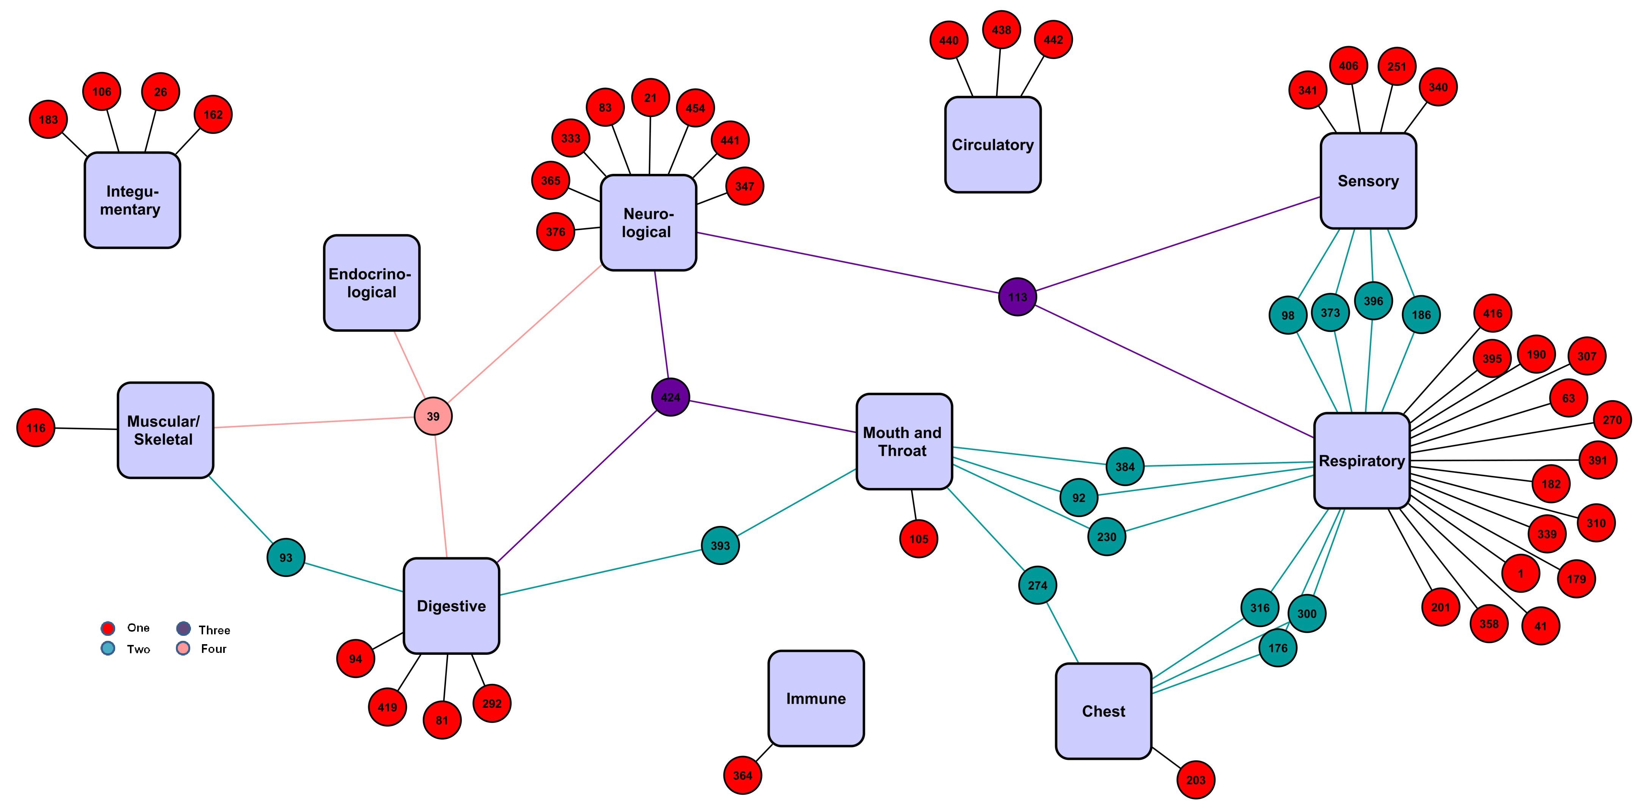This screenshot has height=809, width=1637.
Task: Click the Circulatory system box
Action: (x=993, y=145)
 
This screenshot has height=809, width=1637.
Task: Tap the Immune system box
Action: (x=816, y=698)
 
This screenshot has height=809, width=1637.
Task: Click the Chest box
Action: (x=1103, y=711)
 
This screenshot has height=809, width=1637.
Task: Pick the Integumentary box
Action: (x=132, y=200)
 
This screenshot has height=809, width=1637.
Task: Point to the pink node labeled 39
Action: (x=433, y=416)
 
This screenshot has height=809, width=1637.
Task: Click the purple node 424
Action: (x=670, y=397)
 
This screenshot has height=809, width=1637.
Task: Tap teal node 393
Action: (x=720, y=545)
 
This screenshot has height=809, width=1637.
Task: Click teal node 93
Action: (x=286, y=557)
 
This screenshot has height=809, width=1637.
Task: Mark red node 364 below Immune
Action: (x=742, y=775)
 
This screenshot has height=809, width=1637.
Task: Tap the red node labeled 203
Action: (x=1195, y=780)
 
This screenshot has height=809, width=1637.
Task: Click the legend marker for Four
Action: (x=183, y=649)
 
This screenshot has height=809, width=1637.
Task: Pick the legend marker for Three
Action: (x=183, y=629)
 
